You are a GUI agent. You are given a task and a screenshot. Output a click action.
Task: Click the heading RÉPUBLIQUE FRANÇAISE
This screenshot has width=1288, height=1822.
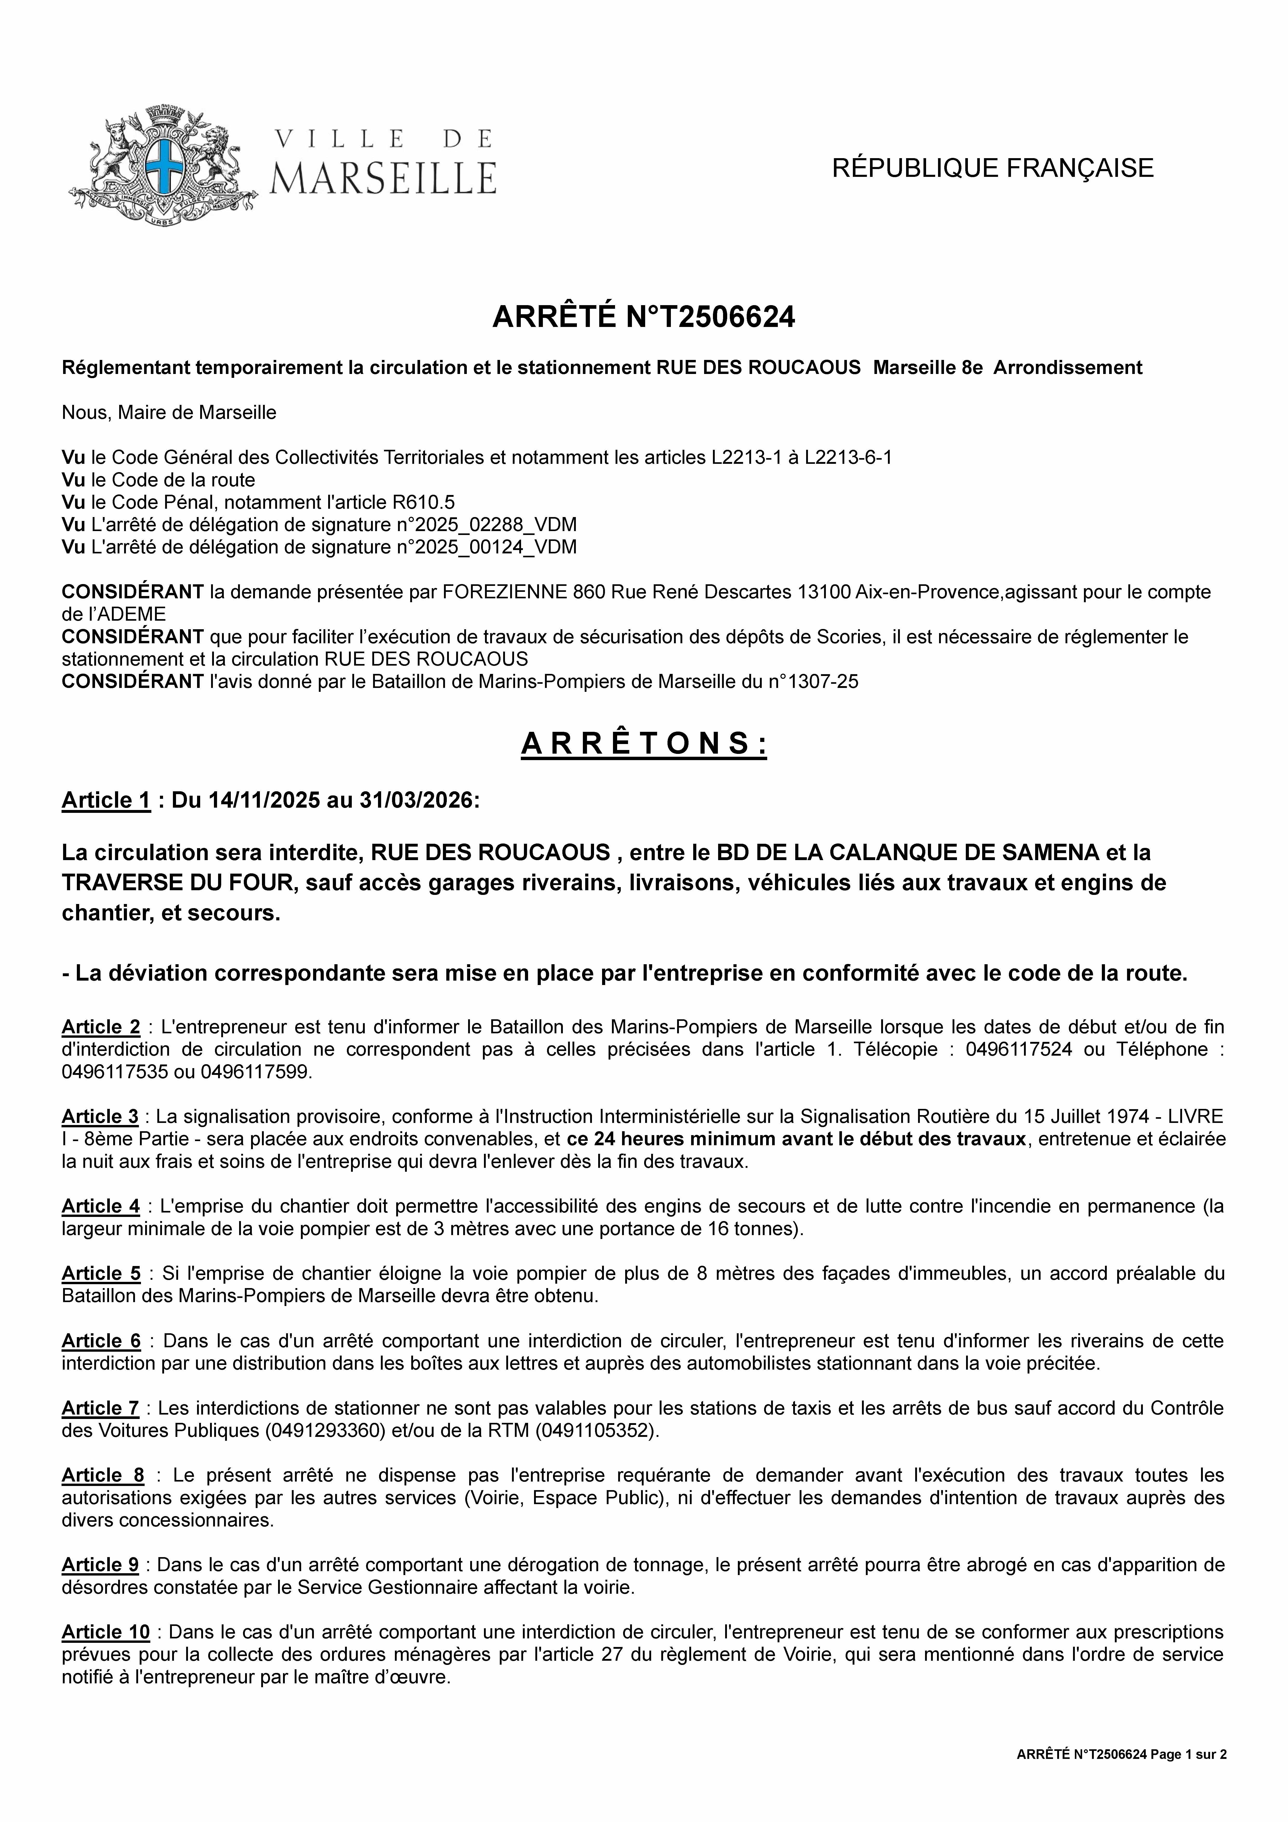[992, 168]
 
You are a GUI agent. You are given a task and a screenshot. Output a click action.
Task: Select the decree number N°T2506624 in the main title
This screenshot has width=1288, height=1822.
[710, 317]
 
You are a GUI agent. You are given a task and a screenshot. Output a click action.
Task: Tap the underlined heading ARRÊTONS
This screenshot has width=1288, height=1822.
[644, 743]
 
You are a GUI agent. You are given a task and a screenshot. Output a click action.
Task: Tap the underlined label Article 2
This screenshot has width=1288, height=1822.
[101, 1027]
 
